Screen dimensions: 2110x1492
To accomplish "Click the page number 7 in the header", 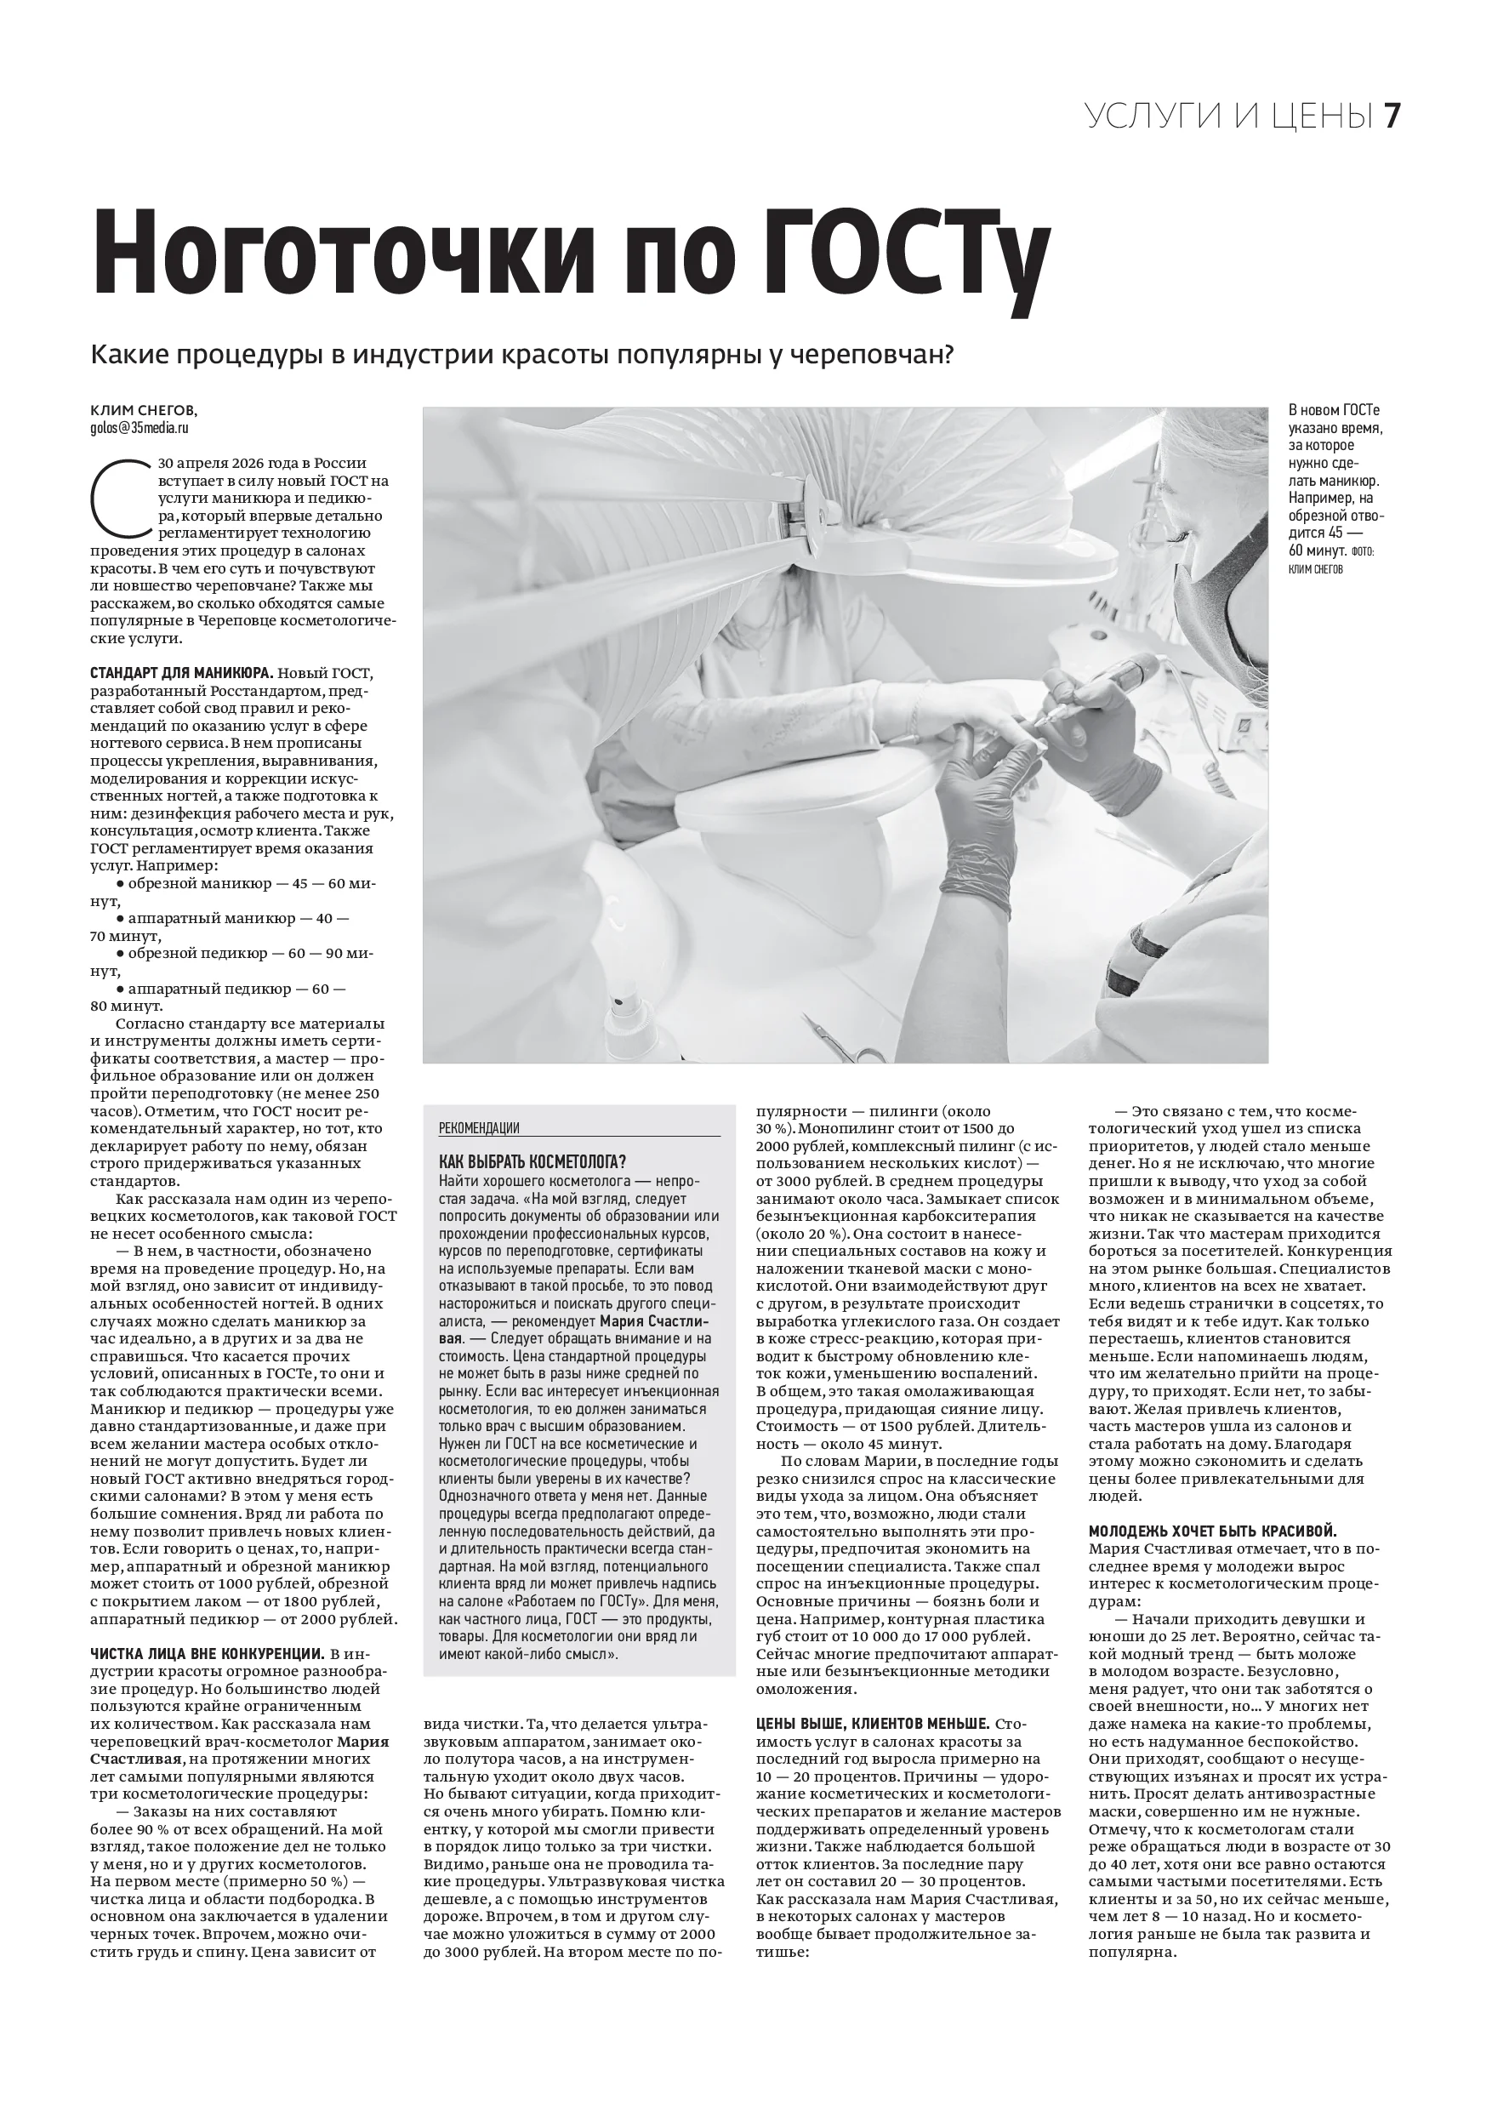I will point(1391,117).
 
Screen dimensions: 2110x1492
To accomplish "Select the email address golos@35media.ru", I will point(140,428).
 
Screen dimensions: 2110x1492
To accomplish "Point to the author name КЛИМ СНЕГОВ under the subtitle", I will point(143,410).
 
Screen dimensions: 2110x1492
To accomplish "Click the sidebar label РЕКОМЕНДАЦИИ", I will point(479,1128).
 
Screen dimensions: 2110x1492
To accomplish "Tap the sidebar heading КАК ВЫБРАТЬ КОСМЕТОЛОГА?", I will point(532,1162).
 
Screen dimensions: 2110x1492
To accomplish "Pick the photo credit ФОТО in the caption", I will point(1366,551).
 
